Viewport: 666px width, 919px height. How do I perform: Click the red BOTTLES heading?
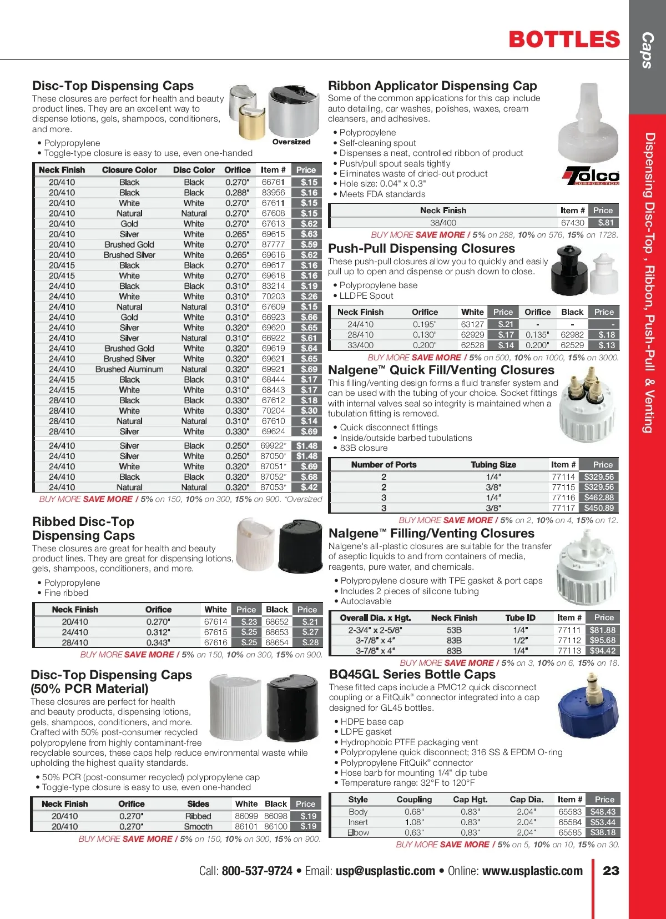564,39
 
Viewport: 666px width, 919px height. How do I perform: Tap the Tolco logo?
591,176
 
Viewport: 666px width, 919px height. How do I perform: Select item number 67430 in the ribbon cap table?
572,223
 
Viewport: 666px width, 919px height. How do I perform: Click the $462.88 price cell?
599,498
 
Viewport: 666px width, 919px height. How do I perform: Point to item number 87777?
273,244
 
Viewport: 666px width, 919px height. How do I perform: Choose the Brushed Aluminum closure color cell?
129,369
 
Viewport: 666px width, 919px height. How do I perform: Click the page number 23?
610,871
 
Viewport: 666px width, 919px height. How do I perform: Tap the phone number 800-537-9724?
257,871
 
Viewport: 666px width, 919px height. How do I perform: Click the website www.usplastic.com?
532,871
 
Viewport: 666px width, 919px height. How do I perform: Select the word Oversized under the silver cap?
291,142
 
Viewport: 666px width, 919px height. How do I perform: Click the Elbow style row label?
358,832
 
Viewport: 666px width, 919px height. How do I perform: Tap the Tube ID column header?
520,617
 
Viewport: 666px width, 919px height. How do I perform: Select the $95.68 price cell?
603,640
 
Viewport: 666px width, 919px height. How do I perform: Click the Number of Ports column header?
384,465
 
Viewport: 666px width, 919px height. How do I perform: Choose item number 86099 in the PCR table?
246,816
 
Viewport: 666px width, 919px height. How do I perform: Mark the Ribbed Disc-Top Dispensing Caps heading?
84,529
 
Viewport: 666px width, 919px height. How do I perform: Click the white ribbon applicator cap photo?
587,122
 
